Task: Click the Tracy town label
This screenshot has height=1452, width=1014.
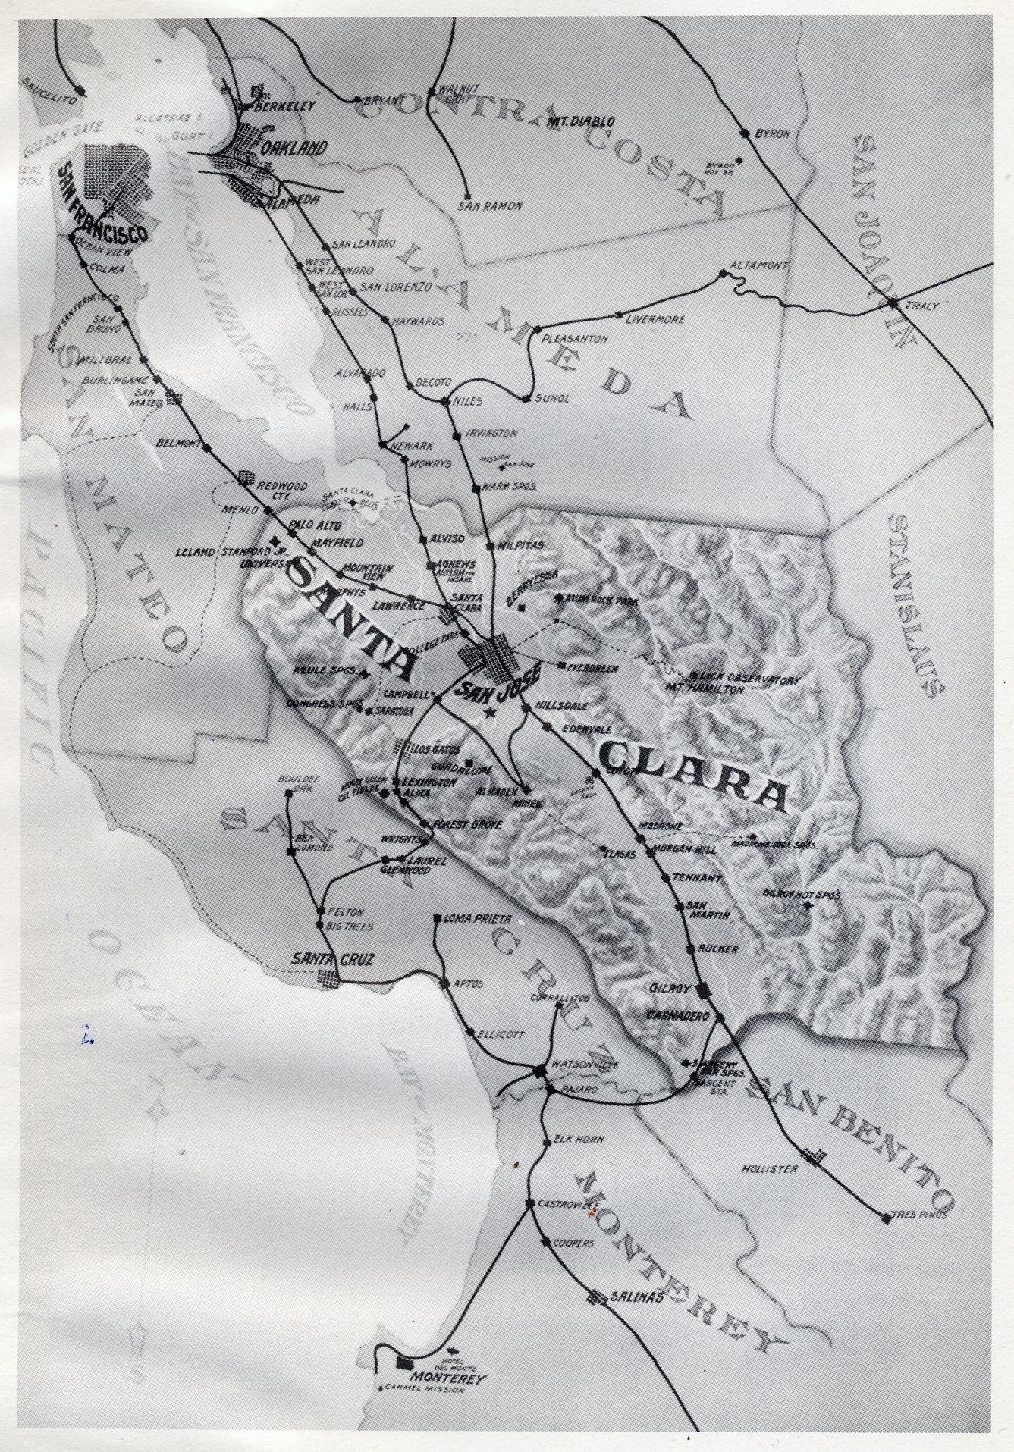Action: pyautogui.click(x=926, y=306)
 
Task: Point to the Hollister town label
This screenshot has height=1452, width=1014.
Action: pyautogui.click(x=770, y=1169)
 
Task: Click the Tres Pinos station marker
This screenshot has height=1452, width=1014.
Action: pyautogui.click(x=886, y=1218)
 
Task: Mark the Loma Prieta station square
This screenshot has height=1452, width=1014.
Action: pyautogui.click(x=438, y=920)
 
